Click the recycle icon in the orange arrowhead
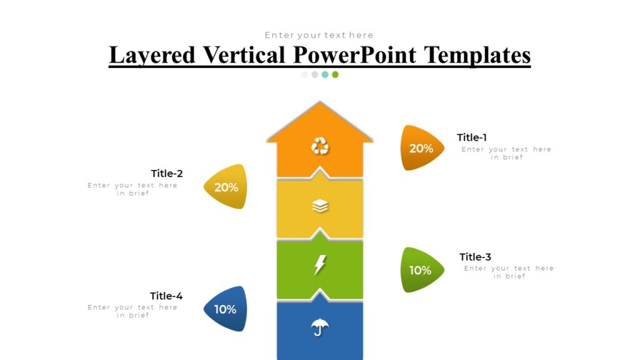[x=320, y=146]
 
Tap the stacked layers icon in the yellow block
[x=320, y=206]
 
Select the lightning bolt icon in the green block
[x=319, y=265]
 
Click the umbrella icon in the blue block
[x=320, y=326]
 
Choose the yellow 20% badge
[x=226, y=187]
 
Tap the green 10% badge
[x=421, y=270]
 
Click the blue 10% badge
[x=226, y=309]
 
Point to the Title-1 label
[x=472, y=137]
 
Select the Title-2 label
[x=167, y=173]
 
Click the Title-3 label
[x=475, y=257]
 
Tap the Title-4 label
[x=166, y=296]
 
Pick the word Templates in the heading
[x=477, y=55]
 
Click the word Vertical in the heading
[x=244, y=55]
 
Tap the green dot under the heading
[x=335, y=74]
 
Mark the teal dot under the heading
[x=325, y=74]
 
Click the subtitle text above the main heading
[x=319, y=35]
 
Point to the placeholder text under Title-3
[x=509, y=272]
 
